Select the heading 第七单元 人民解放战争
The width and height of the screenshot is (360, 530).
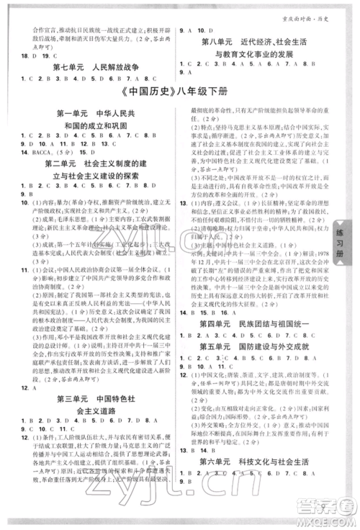coord(95,68)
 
